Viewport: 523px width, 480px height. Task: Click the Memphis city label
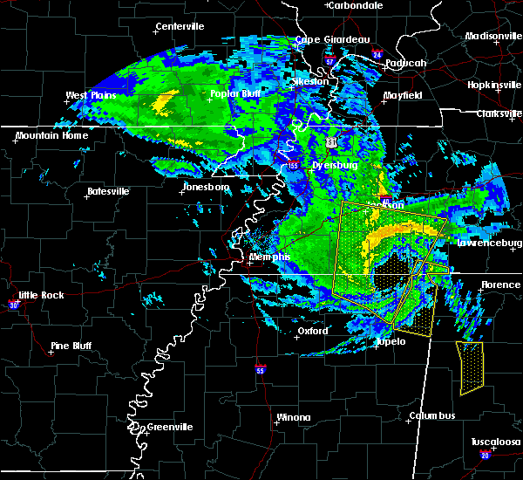point(269,257)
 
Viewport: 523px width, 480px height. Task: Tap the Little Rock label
point(41,295)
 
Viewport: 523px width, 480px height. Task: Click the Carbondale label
point(357,5)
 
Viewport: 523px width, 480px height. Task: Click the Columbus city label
point(434,415)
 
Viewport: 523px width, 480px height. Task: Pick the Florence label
point(501,285)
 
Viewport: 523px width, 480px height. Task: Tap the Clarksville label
point(498,113)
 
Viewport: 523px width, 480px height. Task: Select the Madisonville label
point(492,36)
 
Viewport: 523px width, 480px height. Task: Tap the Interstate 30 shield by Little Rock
point(14,305)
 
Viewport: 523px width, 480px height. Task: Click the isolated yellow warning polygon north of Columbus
point(471,367)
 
